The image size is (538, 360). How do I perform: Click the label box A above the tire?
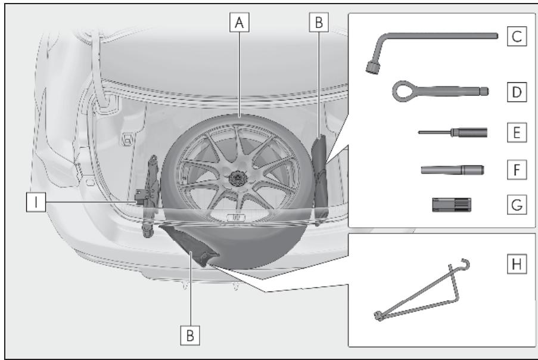tap(239, 22)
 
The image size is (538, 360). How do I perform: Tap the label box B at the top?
tap(319, 22)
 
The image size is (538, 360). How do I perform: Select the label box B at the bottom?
tap(190, 335)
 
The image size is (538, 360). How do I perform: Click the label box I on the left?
tap(36, 202)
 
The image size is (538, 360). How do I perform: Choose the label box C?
tap(517, 36)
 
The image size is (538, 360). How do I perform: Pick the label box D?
tap(517, 92)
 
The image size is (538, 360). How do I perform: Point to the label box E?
tap(517, 132)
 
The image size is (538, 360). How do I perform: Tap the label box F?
tap(517, 169)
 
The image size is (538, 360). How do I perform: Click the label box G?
tap(517, 204)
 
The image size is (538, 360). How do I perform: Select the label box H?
tap(517, 264)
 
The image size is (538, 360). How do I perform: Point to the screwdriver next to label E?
tap(453, 132)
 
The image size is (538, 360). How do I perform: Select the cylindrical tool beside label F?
tap(453, 170)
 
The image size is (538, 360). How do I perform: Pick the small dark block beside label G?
tap(452, 205)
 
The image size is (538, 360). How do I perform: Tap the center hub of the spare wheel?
tap(236, 178)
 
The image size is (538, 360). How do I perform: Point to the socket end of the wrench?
tap(372, 67)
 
